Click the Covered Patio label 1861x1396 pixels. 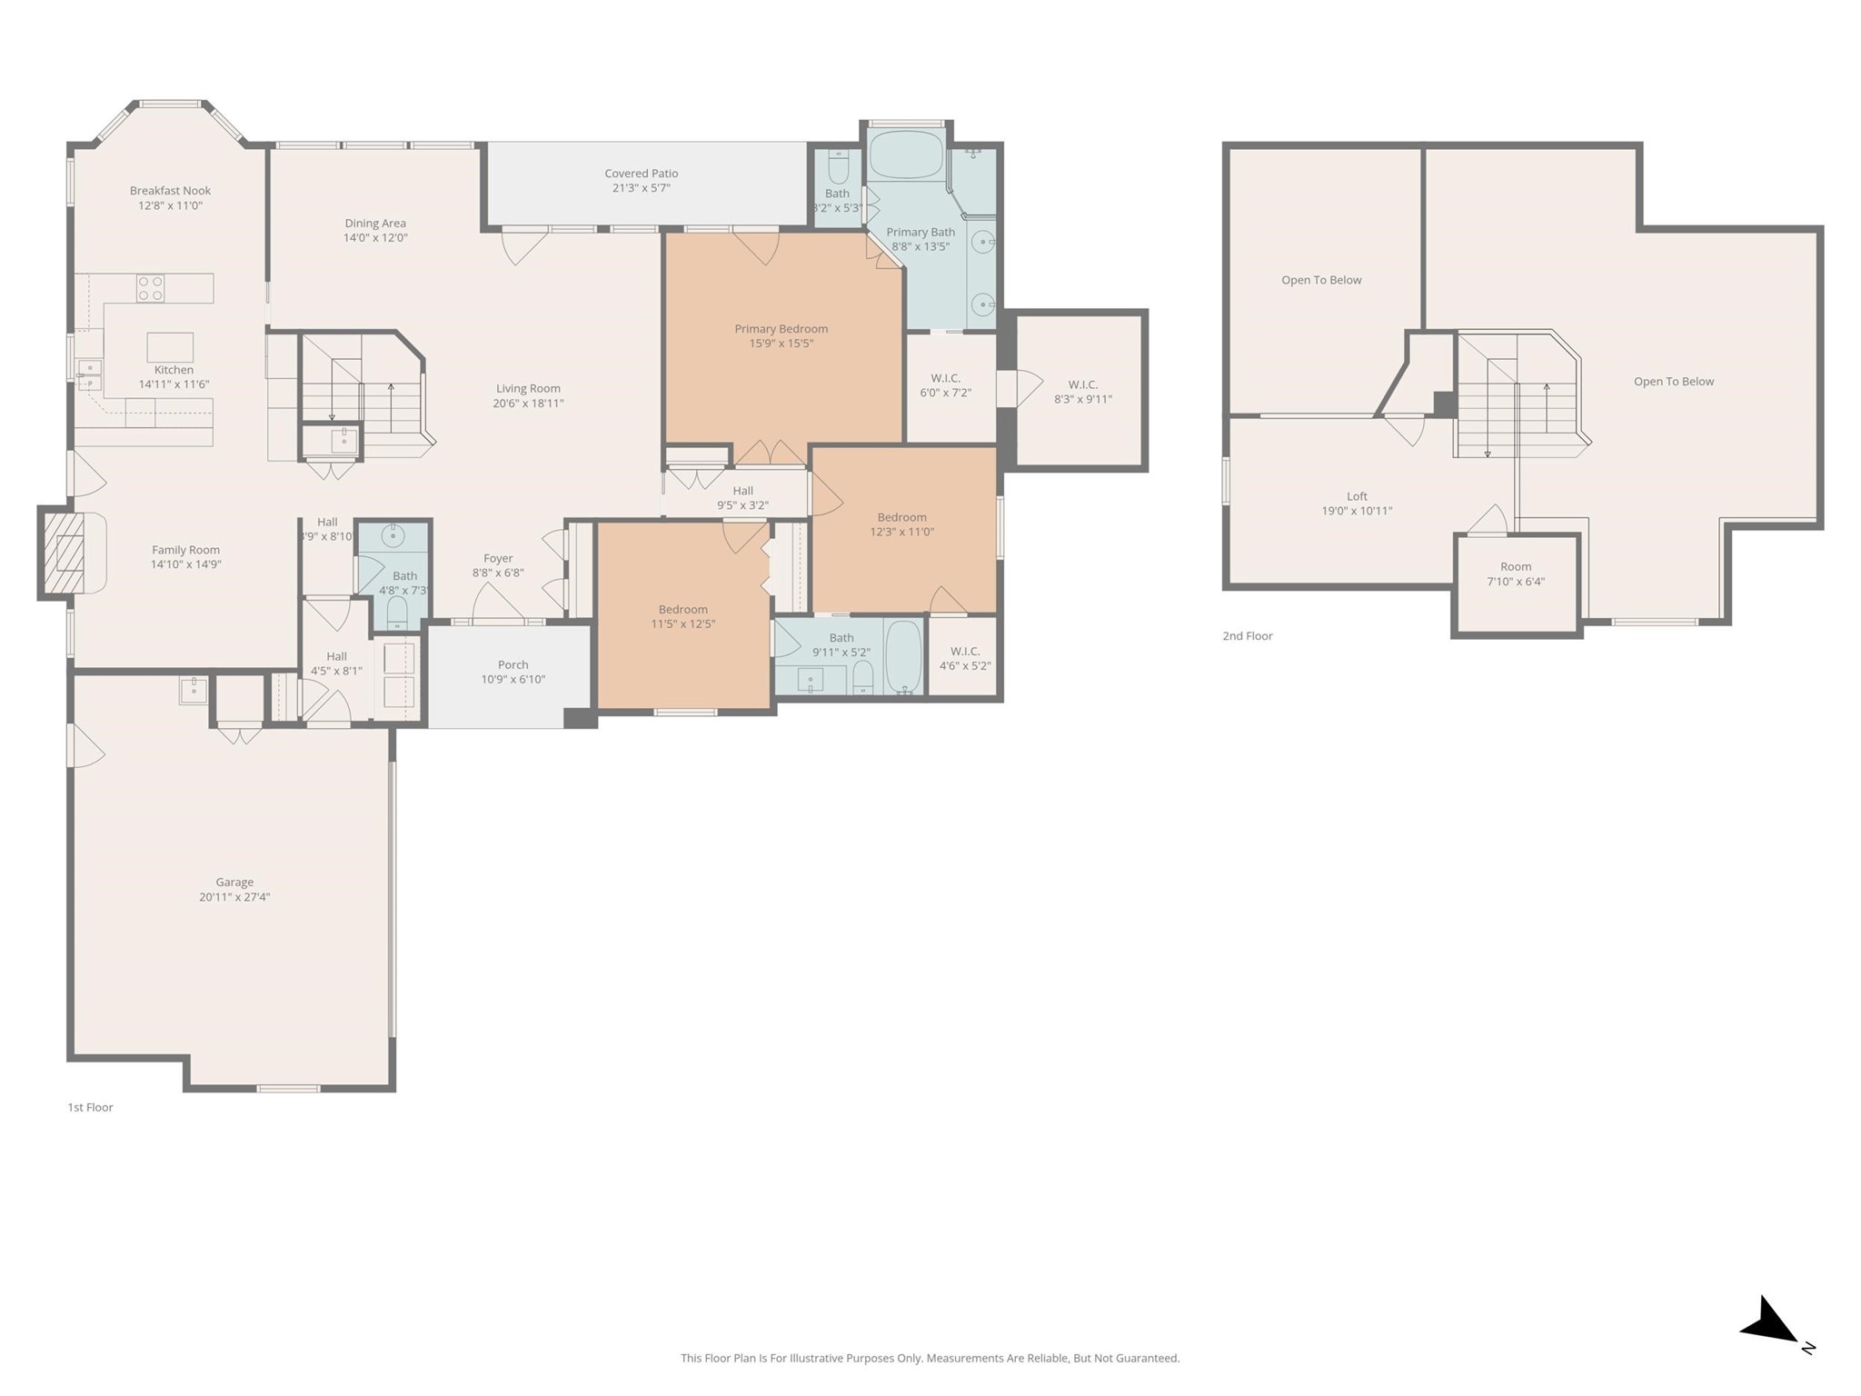(642, 174)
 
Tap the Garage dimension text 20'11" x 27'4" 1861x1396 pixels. (234, 897)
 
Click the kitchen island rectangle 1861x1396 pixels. (170, 347)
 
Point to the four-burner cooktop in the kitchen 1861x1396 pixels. (151, 288)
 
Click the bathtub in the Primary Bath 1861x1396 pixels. (905, 155)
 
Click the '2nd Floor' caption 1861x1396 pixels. (1248, 636)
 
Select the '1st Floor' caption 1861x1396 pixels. (90, 1107)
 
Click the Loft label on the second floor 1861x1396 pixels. (1357, 496)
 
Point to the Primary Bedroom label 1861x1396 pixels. (781, 329)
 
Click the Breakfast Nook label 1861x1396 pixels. (170, 191)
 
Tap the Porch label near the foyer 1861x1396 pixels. (513, 665)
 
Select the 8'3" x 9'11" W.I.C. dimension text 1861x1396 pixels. (1083, 399)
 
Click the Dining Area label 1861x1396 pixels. (375, 224)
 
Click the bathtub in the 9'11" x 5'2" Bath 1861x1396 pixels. (903, 656)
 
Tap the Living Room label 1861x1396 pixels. (528, 389)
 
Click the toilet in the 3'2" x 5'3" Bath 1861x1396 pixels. (838, 166)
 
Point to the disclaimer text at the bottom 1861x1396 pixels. (930, 1358)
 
